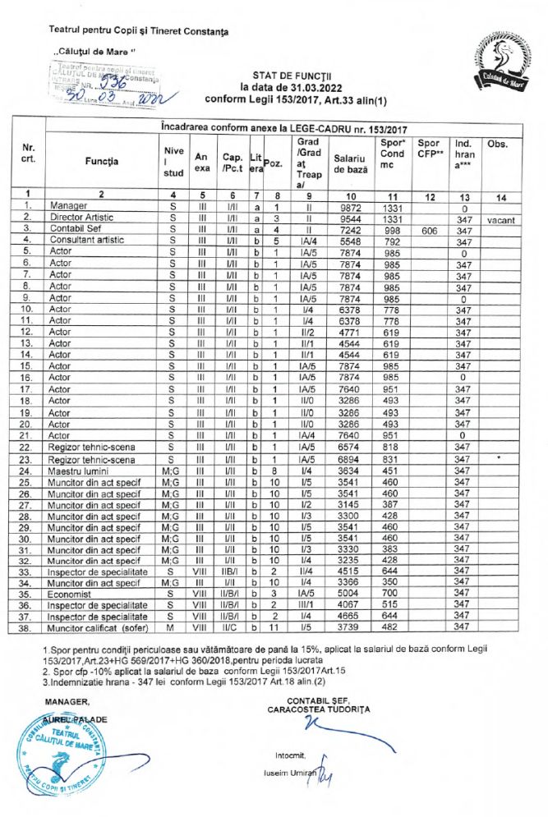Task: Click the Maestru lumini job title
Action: point(80,471)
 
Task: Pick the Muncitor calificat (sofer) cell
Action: point(96,627)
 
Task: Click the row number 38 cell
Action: point(28,627)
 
